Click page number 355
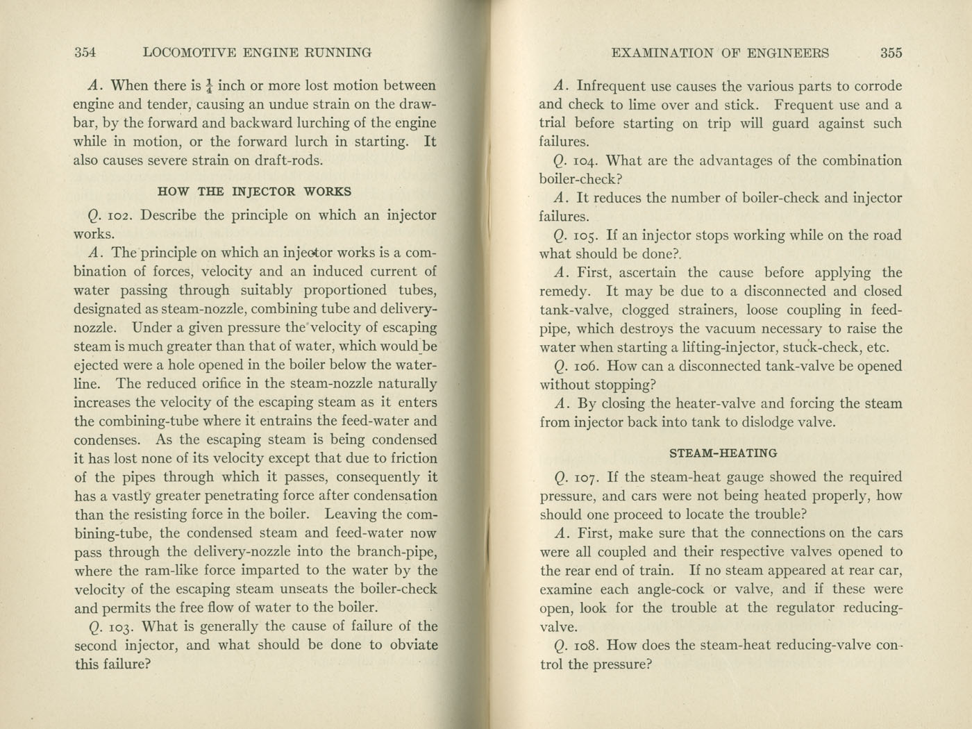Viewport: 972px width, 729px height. point(891,53)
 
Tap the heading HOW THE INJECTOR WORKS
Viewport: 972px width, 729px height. point(254,192)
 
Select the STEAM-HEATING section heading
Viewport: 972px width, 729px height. point(723,453)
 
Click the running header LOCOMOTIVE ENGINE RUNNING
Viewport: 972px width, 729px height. point(256,52)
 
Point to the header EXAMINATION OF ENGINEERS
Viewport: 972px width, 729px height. point(719,53)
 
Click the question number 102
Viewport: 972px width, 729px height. point(119,215)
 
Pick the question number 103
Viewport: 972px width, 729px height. point(119,626)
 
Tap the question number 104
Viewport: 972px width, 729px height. point(586,161)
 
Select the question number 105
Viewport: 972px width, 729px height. point(586,235)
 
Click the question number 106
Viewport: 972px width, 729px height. point(586,366)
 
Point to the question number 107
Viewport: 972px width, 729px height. point(586,477)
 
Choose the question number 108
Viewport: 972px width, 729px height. point(586,645)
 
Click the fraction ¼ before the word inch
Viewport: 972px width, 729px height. point(208,87)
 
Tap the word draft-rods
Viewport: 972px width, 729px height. point(290,160)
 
